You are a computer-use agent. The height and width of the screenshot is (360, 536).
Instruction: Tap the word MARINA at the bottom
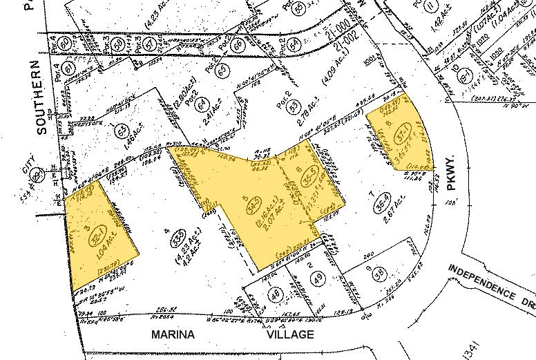pos(173,334)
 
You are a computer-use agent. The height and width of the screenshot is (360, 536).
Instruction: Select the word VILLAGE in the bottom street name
pos(291,334)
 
